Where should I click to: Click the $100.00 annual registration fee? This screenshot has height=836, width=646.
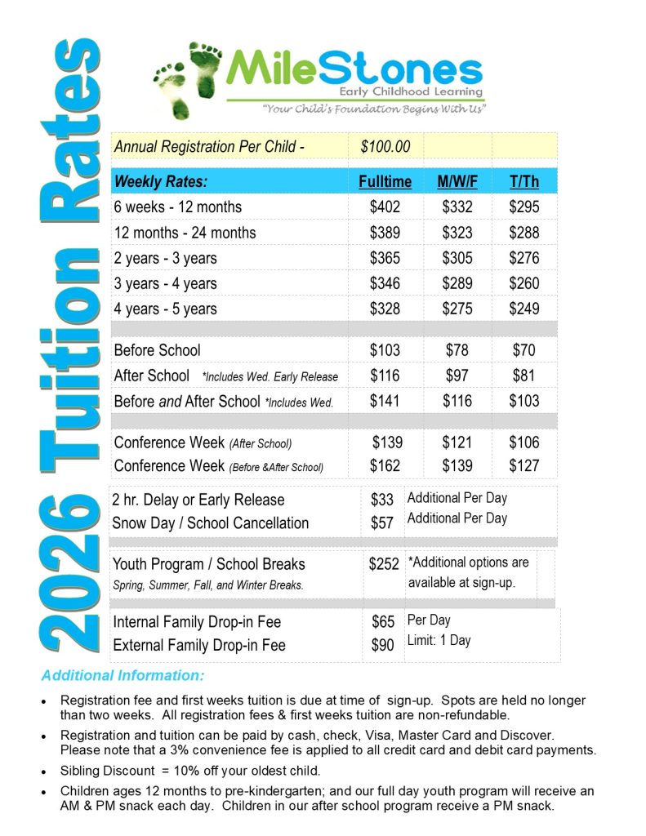pos(385,147)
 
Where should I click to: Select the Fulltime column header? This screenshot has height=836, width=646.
pos(385,181)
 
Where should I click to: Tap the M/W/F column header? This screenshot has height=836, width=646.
pos(457,181)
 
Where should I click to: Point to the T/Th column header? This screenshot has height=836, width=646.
pos(524,181)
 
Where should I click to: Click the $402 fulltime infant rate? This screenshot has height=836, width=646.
pos(385,207)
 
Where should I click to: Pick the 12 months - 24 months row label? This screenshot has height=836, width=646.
pos(185,233)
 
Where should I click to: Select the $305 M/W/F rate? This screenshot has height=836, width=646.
pos(457,258)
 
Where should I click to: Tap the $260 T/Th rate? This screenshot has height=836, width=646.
pos(524,283)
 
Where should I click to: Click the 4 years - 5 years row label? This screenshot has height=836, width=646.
pos(166,309)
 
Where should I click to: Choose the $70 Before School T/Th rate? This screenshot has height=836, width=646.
pos(524,350)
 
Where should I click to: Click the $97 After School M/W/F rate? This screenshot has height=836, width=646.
pos(457,376)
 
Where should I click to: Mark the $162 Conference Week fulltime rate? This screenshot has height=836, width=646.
pos(385,465)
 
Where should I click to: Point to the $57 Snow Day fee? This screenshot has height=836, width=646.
pos(382,523)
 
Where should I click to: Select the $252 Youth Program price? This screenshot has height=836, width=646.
pos(384,564)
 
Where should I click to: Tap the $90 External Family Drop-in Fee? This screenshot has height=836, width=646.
pos(382,645)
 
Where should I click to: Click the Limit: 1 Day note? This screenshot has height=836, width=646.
pos(439,640)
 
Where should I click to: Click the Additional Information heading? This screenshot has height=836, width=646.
pos(123,676)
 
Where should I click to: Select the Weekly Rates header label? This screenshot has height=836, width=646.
pos(161,181)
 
